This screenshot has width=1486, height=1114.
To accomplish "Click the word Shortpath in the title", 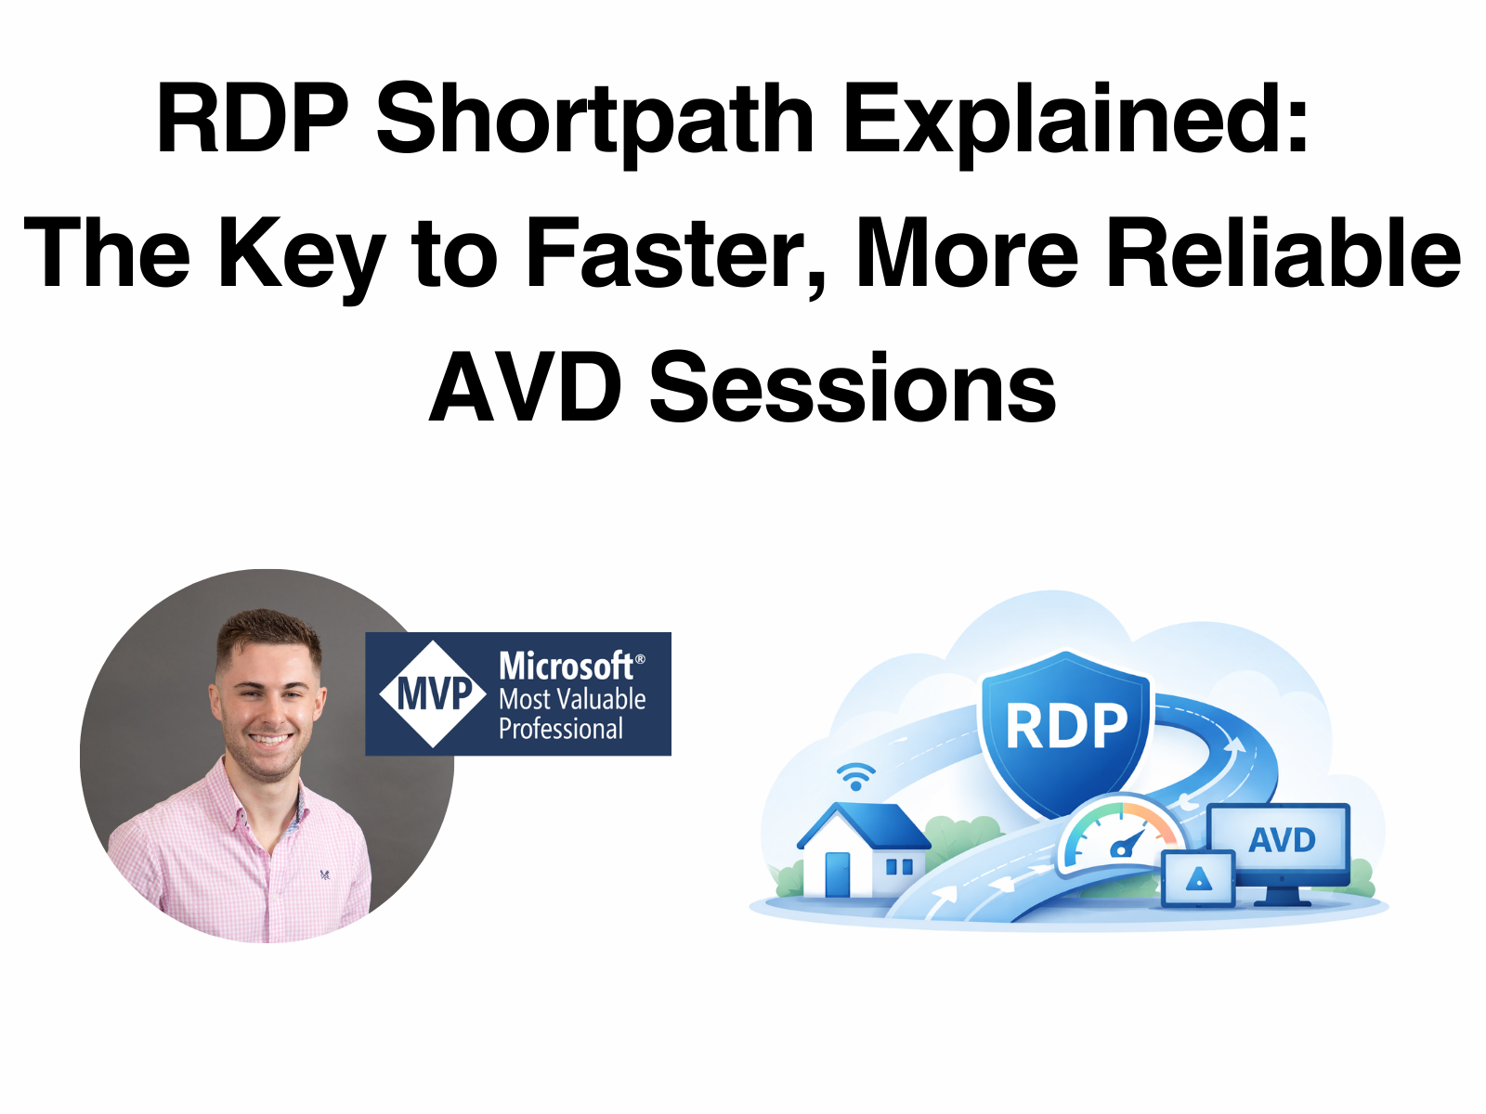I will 595,121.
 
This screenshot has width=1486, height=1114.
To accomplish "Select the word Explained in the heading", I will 1075,121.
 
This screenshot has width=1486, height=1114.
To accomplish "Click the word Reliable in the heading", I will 1284,253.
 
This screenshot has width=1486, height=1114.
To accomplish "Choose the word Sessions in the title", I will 853,387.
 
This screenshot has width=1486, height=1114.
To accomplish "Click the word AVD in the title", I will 526,387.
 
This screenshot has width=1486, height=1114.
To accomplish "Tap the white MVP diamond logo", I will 433,693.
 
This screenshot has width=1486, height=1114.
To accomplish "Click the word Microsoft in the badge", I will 566,666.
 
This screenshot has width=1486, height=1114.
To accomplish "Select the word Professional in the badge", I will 561,729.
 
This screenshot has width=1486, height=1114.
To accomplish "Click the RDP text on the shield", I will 1066,726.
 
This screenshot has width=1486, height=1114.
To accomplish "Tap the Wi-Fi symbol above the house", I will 855,775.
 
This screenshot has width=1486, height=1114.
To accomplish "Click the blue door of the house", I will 837,874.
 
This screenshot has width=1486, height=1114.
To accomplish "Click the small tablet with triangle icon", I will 1198,877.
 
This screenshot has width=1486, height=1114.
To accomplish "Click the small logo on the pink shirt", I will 325,874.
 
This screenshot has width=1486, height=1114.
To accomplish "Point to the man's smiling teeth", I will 270,740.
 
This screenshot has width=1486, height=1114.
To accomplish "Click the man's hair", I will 269,631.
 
